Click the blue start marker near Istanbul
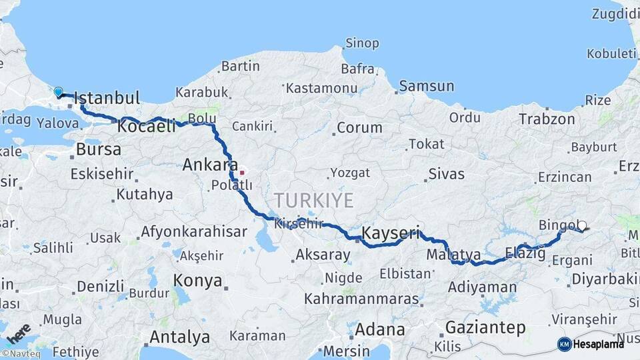[59, 92]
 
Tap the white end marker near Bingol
[582, 226]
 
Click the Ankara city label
[210, 165]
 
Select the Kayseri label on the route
[391, 233]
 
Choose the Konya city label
[198, 280]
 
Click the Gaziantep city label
[485, 327]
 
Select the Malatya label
[453, 254]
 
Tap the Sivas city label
[446, 175]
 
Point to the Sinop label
[362, 43]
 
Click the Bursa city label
[98, 149]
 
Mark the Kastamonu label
[319, 87]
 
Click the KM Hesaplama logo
[591, 344]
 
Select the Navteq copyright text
[23, 354]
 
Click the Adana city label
[379, 329]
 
